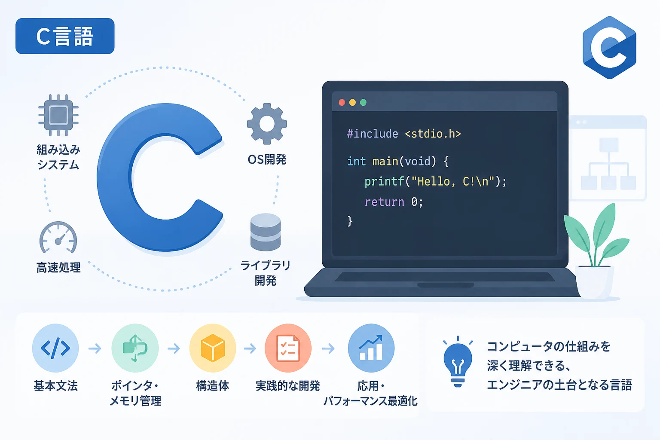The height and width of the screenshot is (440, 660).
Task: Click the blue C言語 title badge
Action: pyautogui.click(x=65, y=36)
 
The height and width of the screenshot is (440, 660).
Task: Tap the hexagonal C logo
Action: pyautogui.click(x=609, y=48)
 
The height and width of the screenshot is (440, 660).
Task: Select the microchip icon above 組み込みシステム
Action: pyautogui.click(x=58, y=115)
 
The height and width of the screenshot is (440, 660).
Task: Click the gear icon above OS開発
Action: pyautogui.click(x=267, y=124)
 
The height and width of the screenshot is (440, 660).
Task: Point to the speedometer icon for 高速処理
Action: pyautogui.click(x=58, y=238)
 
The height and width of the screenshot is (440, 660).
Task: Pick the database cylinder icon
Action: pyautogui.click(x=266, y=232)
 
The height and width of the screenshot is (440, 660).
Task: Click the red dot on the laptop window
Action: pyautogui.click(x=342, y=102)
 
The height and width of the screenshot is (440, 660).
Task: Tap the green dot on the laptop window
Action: pyautogui.click(x=363, y=102)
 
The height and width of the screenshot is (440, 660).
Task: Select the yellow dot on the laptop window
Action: pyautogui.click(x=352, y=102)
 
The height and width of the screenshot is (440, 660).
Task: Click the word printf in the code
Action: pyautogui.click(x=384, y=182)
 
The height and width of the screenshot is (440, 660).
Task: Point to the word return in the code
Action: pyautogui.click(x=384, y=202)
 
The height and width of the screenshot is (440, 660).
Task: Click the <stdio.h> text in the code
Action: pyautogui.click(x=433, y=134)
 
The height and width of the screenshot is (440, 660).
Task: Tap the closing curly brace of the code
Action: pyautogui.click(x=350, y=221)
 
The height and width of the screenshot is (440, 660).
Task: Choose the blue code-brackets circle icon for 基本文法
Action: pyautogui.click(x=55, y=348)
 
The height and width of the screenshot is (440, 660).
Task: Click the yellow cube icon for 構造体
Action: pyautogui.click(x=212, y=348)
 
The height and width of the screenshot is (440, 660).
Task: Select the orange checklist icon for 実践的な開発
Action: pyautogui.click(x=288, y=348)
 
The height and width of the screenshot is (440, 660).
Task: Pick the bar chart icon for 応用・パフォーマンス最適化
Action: pyautogui.click(x=371, y=348)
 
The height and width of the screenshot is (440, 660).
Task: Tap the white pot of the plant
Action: pyautogui.click(x=595, y=281)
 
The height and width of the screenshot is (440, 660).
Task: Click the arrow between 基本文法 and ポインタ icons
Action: pyautogui.click(x=95, y=348)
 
